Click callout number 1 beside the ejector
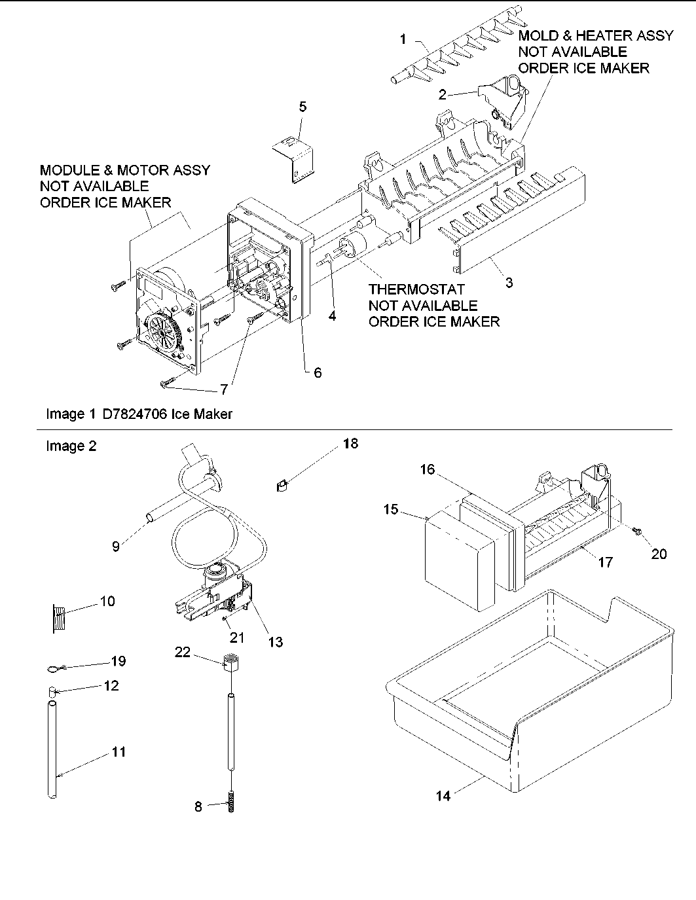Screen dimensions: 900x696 click(x=403, y=40)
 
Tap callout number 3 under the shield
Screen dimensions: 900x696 click(x=509, y=283)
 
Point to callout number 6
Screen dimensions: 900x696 click(x=318, y=372)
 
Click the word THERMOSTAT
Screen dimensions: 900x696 click(x=416, y=289)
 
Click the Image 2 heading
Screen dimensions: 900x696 click(x=71, y=446)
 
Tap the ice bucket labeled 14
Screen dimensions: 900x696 click(x=530, y=694)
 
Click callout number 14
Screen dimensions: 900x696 click(x=443, y=797)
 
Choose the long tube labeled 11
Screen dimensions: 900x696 click(x=52, y=749)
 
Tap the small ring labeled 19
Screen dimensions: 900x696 click(x=52, y=668)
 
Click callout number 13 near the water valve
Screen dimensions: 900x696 click(x=276, y=642)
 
